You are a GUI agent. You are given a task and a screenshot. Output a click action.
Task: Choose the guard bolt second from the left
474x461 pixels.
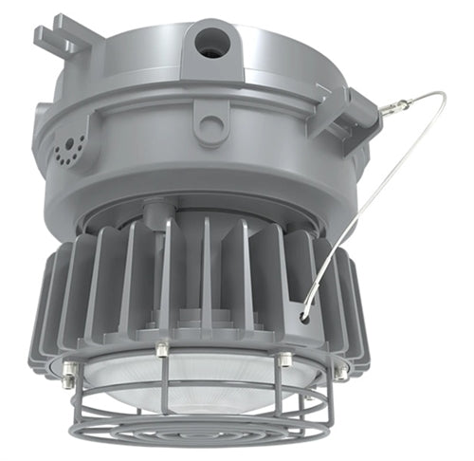click(x=161, y=351)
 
